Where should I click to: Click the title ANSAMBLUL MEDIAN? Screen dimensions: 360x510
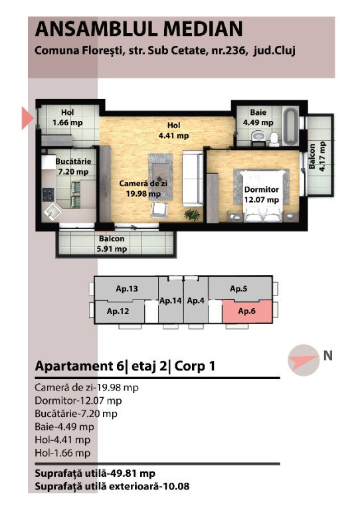pyautogui.click(x=139, y=29)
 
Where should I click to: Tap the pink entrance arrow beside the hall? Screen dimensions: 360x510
pyautogui.click(x=27, y=118)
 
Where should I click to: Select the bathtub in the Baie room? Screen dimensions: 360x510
pyautogui.click(x=290, y=127)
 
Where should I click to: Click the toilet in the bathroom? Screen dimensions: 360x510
pyautogui.click(x=274, y=139)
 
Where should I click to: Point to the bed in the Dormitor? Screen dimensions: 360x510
pyautogui.click(x=262, y=196)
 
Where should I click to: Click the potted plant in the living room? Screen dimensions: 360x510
pyautogui.click(x=192, y=214)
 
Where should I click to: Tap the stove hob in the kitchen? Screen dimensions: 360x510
pyautogui.click(x=48, y=194)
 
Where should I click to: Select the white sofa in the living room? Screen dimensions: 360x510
pyautogui.click(x=193, y=178)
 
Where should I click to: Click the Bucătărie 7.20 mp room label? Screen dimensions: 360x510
pyautogui.click(x=73, y=167)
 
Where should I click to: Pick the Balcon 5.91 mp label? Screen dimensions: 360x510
pyautogui.click(x=112, y=244)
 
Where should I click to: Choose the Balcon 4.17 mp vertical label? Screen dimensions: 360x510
pyautogui.click(x=317, y=157)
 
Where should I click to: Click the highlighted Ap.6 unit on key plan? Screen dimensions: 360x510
pyautogui.click(x=247, y=311)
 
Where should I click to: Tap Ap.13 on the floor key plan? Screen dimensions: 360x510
pyautogui.click(x=127, y=288)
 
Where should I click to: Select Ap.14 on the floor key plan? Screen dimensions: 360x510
pyautogui.click(x=171, y=301)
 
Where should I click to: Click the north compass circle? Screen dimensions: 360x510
pyautogui.click(x=304, y=360)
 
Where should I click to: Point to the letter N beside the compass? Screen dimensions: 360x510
pyautogui.click(x=328, y=355)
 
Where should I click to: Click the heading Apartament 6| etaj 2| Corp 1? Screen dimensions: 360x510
pyautogui.click(x=125, y=367)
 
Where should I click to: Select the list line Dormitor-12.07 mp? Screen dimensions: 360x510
pyautogui.click(x=78, y=400)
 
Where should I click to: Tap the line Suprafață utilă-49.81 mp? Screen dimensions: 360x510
pyautogui.click(x=95, y=473)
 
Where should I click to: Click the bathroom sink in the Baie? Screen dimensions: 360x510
pyautogui.click(x=258, y=135)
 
